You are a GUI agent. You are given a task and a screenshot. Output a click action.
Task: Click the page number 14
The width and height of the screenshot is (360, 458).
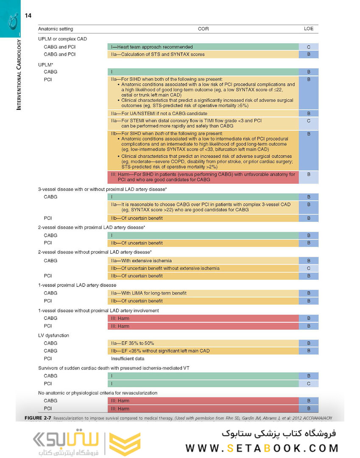[28, 16]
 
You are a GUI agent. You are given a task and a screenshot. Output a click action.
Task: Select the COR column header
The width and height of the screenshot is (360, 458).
[203, 29]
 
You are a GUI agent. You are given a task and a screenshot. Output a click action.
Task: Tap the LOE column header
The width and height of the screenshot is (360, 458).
[309, 29]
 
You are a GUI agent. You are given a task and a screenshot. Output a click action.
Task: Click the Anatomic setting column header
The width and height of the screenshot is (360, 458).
[56, 29]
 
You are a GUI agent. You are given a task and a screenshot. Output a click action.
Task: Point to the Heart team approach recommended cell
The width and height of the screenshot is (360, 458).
[203, 47]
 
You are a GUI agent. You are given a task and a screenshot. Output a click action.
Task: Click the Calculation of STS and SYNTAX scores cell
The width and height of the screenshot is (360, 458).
[203, 54]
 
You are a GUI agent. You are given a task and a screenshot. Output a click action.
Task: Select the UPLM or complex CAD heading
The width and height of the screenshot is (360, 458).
[62, 39]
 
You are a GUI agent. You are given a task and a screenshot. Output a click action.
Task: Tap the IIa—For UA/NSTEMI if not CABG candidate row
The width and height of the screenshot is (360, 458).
[203, 114]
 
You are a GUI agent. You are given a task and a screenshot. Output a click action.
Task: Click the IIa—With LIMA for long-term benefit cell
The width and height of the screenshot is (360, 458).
[203, 293]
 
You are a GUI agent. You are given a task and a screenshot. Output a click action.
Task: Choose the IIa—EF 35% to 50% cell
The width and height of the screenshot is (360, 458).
[203, 343]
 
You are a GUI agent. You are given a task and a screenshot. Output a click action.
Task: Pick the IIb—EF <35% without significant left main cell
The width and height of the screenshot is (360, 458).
[203, 351]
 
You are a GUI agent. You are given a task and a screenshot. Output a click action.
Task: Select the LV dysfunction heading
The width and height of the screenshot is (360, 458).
[53, 335]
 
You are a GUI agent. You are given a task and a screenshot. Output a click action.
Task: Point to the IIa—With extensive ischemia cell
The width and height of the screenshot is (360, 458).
[203, 260]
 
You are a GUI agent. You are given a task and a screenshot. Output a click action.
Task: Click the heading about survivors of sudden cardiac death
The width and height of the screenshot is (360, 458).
[113, 368]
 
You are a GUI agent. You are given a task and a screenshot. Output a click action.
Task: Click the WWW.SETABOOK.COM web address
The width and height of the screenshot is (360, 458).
[262, 448]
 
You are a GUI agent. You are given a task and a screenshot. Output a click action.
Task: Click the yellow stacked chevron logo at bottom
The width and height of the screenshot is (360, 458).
[125, 444]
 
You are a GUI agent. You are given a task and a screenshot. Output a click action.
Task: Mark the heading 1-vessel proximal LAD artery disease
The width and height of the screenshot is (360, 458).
[77, 285]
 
